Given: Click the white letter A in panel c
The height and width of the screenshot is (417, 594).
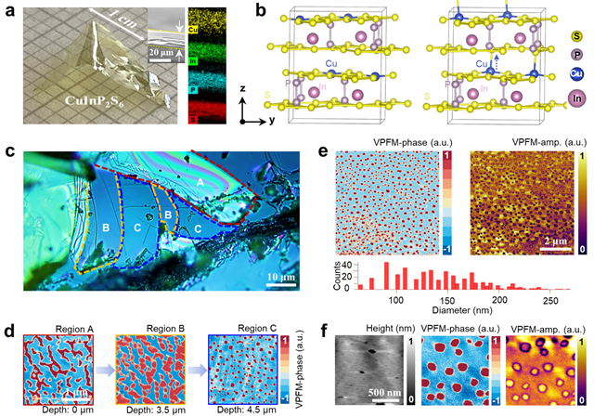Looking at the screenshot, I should pyautogui.click(x=228, y=182).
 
